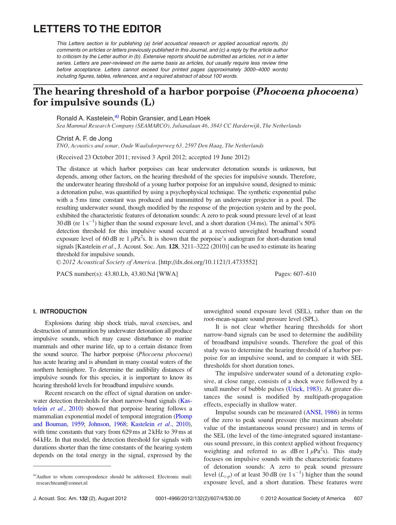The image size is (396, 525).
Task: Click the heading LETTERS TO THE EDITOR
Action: (97, 29)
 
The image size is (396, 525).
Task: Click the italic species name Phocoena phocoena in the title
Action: (306, 92)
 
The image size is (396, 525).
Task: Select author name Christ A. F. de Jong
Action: (84, 138)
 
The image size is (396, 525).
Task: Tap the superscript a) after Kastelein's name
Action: (117, 117)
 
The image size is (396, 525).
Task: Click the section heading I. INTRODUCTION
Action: (60, 311)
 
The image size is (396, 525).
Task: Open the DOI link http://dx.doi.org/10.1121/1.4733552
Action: (208, 262)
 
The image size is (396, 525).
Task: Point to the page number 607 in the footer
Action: (358, 498)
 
